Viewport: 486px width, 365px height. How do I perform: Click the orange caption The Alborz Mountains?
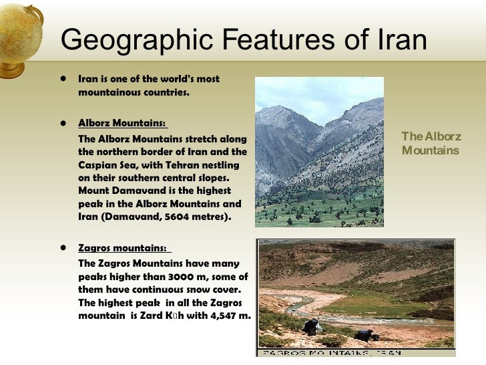pos(431,144)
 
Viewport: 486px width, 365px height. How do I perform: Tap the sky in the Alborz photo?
pos(314,94)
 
